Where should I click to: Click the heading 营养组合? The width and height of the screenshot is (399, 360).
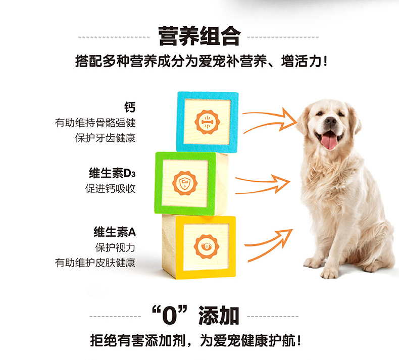tap(199, 36)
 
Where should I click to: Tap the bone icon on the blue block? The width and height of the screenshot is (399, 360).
tap(207, 122)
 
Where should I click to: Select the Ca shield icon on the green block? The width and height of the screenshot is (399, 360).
tap(185, 183)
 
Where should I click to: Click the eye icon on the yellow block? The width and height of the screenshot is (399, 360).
tap(206, 246)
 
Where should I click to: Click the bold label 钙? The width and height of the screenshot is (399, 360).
tap(130, 107)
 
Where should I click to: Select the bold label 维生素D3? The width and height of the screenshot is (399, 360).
tap(112, 173)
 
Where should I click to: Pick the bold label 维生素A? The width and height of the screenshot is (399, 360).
tap(115, 232)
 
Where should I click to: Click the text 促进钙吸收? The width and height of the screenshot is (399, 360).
tap(110, 188)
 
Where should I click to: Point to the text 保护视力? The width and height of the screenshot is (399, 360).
tap(115, 247)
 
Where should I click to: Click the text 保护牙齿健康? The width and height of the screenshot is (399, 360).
tap(106, 138)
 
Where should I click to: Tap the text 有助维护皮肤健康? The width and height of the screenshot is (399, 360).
tap(95, 263)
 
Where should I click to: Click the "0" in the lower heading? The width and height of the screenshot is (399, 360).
tap(170, 316)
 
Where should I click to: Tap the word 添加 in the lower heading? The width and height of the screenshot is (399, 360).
tap(219, 316)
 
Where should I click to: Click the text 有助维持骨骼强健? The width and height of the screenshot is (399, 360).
tap(95, 123)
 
